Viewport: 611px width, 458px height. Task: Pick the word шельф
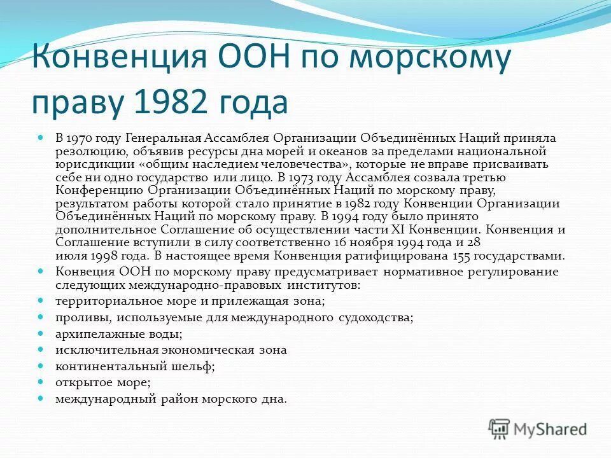197,366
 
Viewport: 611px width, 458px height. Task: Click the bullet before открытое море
41,382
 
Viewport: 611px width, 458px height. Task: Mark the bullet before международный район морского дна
41,398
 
